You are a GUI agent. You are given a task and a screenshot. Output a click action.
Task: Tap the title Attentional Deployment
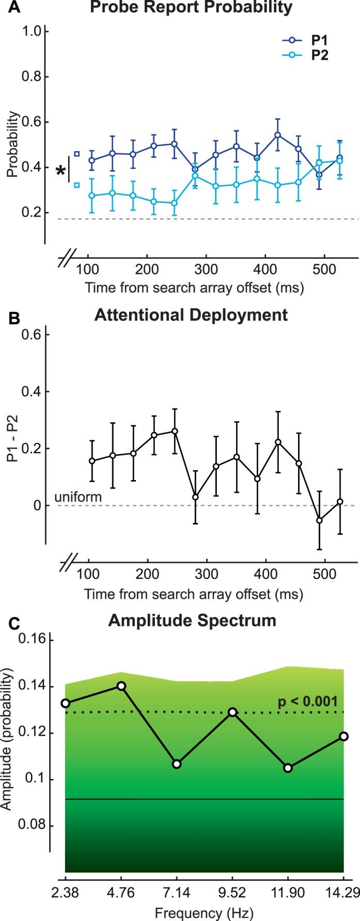191,315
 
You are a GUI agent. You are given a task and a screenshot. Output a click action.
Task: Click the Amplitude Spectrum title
192,620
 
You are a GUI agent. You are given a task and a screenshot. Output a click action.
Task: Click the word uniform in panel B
77,498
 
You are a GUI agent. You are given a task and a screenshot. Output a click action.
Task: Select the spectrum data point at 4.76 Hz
121,686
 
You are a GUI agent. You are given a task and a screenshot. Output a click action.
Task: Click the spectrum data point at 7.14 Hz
177,764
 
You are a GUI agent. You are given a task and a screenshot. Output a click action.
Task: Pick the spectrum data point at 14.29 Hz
343,736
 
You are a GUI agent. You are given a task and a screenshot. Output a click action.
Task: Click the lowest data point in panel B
319,520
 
